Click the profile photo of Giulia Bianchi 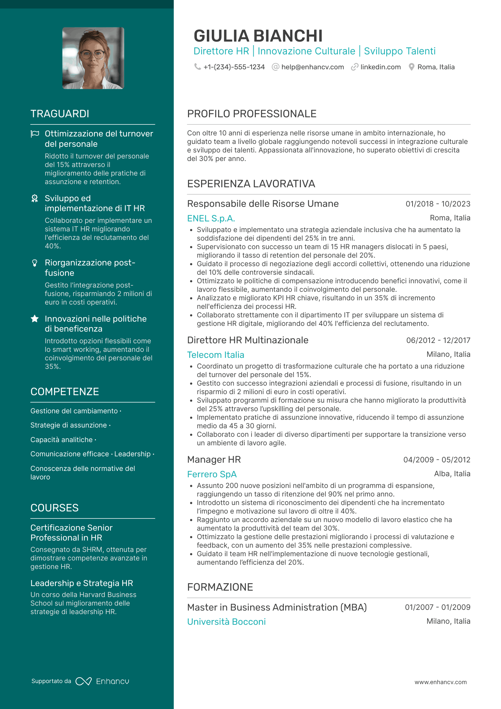pyautogui.click(x=93, y=58)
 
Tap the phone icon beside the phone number pyautogui.click(x=197, y=67)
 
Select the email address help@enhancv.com pyautogui.click(x=312, y=67)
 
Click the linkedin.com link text pyautogui.click(x=380, y=67)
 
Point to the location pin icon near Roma pyautogui.click(x=411, y=67)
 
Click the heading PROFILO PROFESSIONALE pyautogui.click(x=252, y=114)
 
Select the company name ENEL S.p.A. pyautogui.click(x=211, y=218)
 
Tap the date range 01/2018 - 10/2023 pyautogui.click(x=438, y=204)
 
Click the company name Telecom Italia pyautogui.click(x=215, y=355)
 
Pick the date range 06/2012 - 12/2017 pyautogui.click(x=438, y=340)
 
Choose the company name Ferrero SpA pyautogui.click(x=212, y=474)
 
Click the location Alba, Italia pyautogui.click(x=452, y=474)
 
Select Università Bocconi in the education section pyautogui.click(x=226, y=622)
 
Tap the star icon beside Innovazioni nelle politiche pyautogui.click(x=35, y=319)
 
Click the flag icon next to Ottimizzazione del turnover pyautogui.click(x=35, y=134)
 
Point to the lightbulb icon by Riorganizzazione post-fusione pyautogui.click(x=35, y=263)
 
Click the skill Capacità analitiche pyautogui.click(x=61, y=440)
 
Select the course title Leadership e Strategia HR pyautogui.click(x=82, y=583)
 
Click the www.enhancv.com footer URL pyautogui.click(x=441, y=682)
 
